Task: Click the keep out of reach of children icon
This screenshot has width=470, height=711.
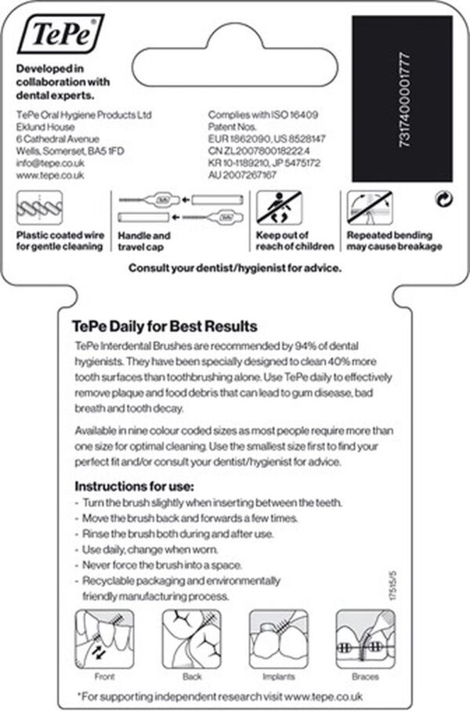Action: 283,209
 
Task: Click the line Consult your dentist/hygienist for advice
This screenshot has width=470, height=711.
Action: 235,268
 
